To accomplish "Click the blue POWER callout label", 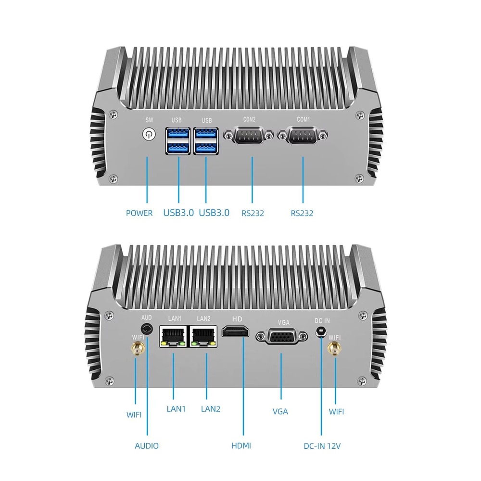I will pyautogui.click(x=139, y=213).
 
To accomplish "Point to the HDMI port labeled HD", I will pyautogui.click(x=236, y=331).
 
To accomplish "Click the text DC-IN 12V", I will pyautogui.click(x=322, y=446).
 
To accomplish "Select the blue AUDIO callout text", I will pyautogui.click(x=146, y=446).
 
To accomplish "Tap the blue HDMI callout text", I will pyautogui.click(x=241, y=446).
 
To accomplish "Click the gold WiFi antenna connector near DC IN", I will pyautogui.click(x=333, y=350).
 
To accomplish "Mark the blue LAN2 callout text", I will pyautogui.click(x=210, y=409).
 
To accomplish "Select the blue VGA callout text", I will pyautogui.click(x=280, y=411).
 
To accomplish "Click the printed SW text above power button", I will pyautogui.click(x=148, y=119).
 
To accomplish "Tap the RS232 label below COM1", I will pyautogui.click(x=302, y=213).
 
